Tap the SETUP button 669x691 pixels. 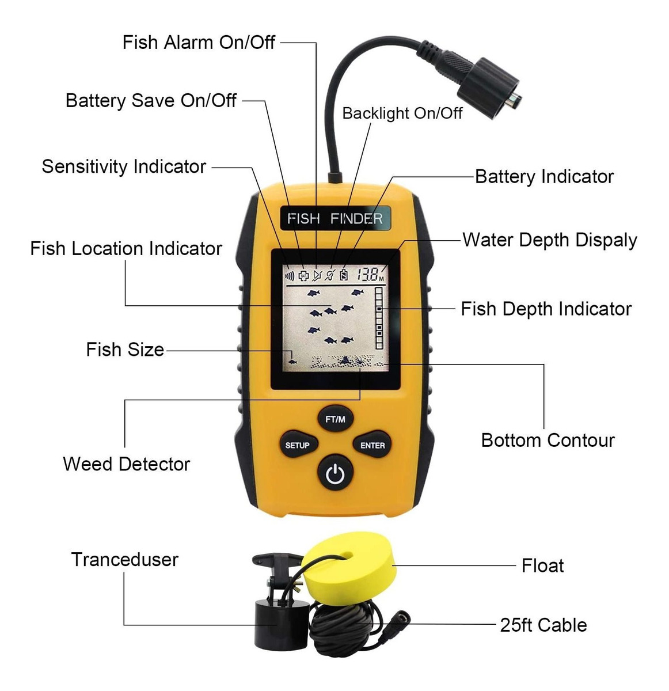click(297, 445)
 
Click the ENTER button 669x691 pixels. click(372, 445)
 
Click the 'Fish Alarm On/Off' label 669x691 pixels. click(199, 42)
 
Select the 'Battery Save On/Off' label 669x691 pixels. click(151, 101)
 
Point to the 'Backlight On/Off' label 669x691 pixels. click(402, 113)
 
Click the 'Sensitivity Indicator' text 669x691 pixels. click(124, 166)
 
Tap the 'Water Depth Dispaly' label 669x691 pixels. click(550, 240)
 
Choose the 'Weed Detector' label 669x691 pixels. click(127, 464)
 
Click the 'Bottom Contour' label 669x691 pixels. click(548, 441)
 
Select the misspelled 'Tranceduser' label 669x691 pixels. click(124, 560)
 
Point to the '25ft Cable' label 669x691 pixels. click(543, 625)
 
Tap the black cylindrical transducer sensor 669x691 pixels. click(280, 627)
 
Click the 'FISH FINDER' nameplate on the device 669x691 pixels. click(335, 218)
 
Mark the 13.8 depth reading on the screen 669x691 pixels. click(368, 275)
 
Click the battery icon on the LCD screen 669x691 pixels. click(344, 275)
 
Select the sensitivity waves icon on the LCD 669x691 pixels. click(290, 276)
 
